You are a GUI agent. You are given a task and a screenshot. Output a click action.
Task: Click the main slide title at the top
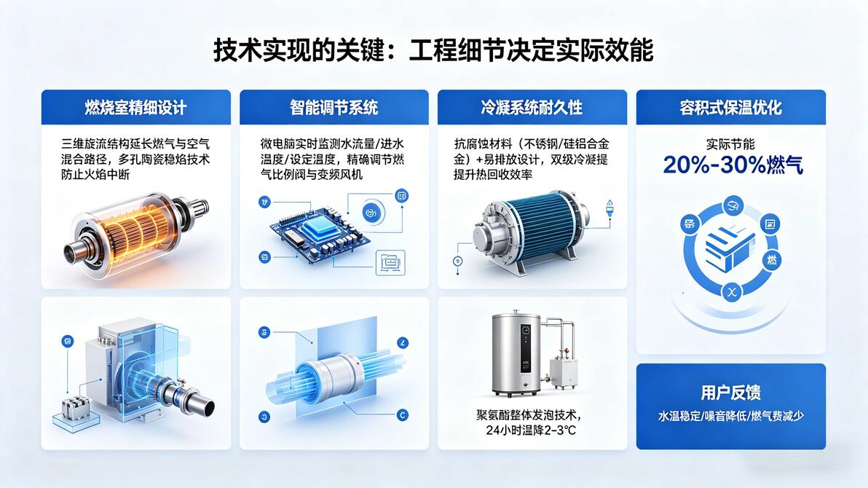433,50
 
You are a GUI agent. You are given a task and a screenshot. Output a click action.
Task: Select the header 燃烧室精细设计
135,108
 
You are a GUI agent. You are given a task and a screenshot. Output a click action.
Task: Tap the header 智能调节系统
334,108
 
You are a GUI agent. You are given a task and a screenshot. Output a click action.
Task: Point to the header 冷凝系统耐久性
532,108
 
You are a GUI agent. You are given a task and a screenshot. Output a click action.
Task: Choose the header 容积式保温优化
730,108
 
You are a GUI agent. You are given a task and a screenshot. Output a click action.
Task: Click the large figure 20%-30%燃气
733,165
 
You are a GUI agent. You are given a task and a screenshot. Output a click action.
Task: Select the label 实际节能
730,144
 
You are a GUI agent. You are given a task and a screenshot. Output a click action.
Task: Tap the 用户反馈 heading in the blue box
730,393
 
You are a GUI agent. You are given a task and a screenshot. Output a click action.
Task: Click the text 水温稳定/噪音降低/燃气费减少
730,416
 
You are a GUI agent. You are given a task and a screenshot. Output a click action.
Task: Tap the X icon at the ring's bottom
732,293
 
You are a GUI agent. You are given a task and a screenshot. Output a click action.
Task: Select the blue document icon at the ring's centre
730,251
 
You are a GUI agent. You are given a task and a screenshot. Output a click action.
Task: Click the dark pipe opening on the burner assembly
208,408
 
